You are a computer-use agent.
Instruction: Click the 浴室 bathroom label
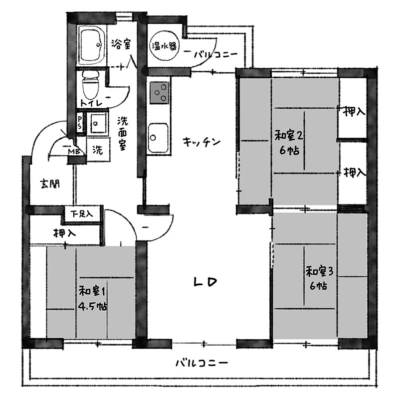coord(121,44)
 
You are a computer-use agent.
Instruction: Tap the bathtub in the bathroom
coord(92,45)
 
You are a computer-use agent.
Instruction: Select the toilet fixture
coord(91,84)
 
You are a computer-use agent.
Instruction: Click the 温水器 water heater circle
coord(164,46)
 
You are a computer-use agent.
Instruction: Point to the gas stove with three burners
coord(160,93)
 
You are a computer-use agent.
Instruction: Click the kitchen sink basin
coord(158,138)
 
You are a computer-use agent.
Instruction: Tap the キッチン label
coord(201,142)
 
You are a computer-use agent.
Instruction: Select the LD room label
coord(205,282)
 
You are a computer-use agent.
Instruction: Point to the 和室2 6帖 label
coord(289,143)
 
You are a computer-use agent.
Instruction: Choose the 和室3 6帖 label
coord(319,278)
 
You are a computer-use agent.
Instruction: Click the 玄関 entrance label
coord(50,184)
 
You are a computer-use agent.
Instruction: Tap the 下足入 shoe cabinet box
coord(82,214)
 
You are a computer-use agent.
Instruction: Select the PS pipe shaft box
coord(80,122)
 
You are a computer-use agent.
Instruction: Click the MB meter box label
coord(74,152)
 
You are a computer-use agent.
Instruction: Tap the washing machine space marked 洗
coord(98,150)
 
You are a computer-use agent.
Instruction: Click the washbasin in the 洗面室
coord(98,123)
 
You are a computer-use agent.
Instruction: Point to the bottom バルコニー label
coord(202,363)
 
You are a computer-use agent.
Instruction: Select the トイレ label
coord(91,103)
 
